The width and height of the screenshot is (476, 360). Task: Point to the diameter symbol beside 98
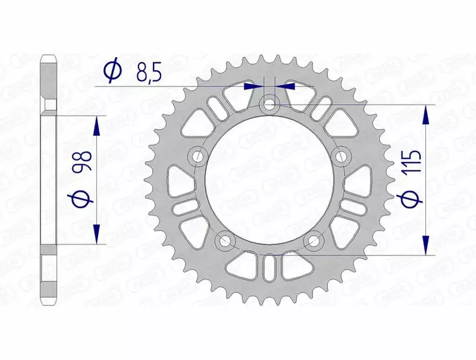click(x=83, y=199)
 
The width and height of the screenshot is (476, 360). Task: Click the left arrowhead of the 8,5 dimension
click(x=252, y=85)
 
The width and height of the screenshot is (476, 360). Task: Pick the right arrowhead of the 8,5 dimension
click(x=287, y=85)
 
